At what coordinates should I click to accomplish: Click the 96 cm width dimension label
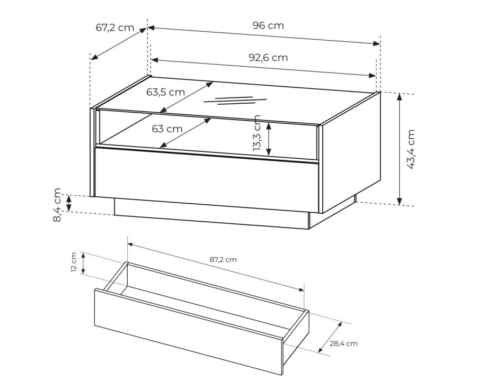268,25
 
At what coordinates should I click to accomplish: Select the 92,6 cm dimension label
268,58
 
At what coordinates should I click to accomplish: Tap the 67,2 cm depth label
115,28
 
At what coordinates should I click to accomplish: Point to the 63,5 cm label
165,92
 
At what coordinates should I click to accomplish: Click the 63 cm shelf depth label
167,129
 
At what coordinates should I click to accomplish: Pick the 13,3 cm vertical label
257,132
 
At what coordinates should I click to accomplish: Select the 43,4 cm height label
411,149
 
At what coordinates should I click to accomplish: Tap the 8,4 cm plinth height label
57,205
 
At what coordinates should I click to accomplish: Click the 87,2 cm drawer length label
223,260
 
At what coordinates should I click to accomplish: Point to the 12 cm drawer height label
74,262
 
